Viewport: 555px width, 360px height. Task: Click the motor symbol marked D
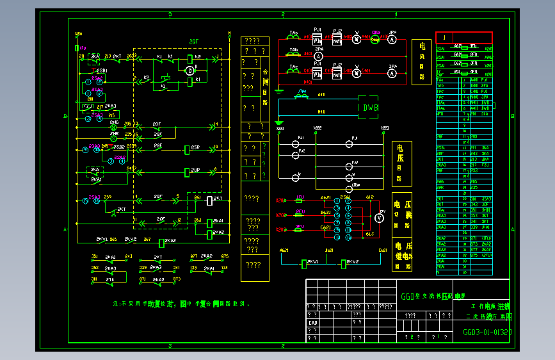pyautogui.click(x=189, y=70)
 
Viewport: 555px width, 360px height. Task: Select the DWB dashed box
pyautogui.click(x=371, y=108)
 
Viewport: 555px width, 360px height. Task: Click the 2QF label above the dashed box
pyautogui.click(x=194, y=42)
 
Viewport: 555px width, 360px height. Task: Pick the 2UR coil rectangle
pyautogui.click(x=187, y=172)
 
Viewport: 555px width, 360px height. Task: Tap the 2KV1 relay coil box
pyautogui.click(x=305, y=263)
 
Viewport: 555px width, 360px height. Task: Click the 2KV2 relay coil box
pyautogui.click(x=343, y=263)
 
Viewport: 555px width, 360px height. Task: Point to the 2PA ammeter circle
pyautogui.click(x=318, y=56)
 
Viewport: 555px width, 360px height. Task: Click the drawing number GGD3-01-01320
pyautogui.click(x=487, y=332)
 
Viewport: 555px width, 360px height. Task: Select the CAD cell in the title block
pyautogui.click(x=314, y=323)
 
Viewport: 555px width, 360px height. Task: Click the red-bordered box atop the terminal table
pyautogui.click(x=464, y=37)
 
